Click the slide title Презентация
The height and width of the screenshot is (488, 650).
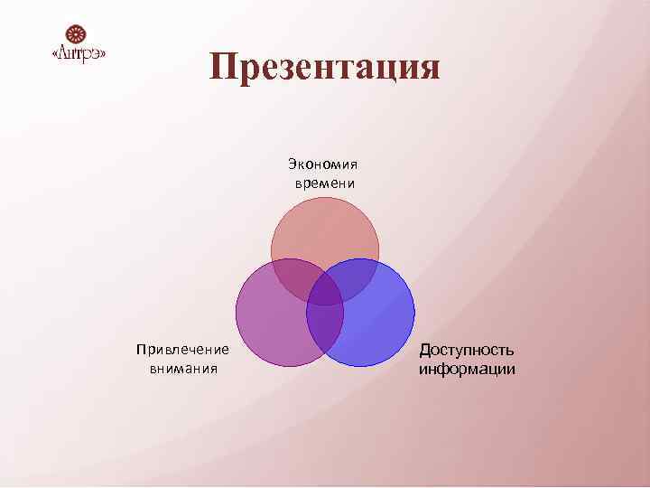pos(325,68)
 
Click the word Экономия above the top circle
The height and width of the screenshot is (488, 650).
pos(323,164)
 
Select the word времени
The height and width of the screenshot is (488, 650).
pos(324,183)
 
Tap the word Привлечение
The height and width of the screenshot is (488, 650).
pos(182,350)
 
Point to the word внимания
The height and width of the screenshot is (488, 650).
pos(184,369)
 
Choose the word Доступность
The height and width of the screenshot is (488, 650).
pos(467,350)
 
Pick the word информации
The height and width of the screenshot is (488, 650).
pos(467,369)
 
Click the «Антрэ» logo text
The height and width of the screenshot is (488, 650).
pos(79,54)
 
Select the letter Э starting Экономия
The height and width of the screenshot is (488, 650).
pos(292,164)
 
